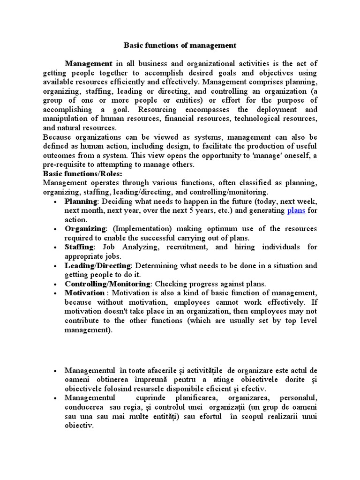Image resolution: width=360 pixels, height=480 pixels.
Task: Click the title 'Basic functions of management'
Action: coord(180,45)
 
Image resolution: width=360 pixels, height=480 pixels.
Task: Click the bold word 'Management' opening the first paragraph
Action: coord(88,64)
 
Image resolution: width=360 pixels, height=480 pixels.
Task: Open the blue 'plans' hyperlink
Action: coord(296,210)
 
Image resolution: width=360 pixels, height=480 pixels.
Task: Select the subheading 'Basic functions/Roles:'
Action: coord(82,174)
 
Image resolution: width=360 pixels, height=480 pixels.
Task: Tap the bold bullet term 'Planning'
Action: coord(81,201)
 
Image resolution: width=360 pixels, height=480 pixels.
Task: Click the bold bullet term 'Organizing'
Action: coord(85,229)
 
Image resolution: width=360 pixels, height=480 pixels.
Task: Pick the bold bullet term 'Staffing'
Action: coord(79,247)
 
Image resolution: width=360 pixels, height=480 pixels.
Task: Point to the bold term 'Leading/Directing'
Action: coord(98,265)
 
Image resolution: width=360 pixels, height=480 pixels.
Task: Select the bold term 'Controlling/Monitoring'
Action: coord(107,284)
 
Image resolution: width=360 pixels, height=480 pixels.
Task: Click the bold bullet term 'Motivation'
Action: coord(84,293)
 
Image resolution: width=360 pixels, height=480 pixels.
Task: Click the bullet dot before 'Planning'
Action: coord(55,202)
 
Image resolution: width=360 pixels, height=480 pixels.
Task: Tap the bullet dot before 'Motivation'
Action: coord(55,293)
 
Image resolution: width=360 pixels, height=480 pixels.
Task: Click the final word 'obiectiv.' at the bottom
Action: coord(79,426)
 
